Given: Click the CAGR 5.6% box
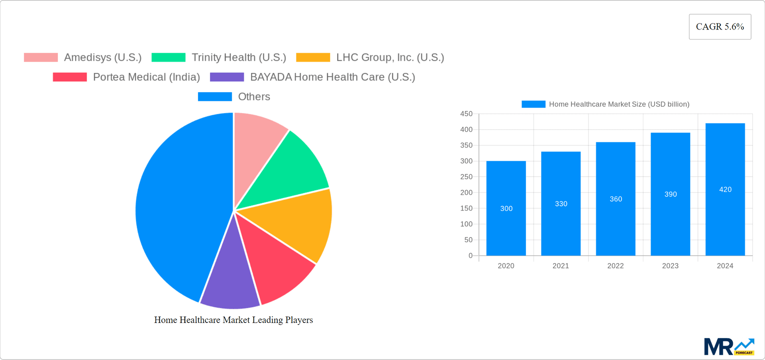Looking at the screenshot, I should pyautogui.click(x=720, y=27).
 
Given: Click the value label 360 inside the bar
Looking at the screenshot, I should pyautogui.click(x=616, y=199).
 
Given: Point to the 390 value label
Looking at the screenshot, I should pyautogui.click(x=670, y=194).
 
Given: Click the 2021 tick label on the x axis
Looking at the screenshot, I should pyautogui.click(x=561, y=266).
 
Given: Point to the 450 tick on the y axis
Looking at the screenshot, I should pyautogui.click(x=466, y=114).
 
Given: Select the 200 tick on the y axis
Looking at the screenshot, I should pyautogui.click(x=466, y=193).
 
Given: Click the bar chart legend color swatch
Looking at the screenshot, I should pyautogui.click(x=533, y=104).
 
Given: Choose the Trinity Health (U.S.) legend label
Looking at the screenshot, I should pyautogui.click(x=239, y=57).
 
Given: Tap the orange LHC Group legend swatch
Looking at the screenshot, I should pyautogui.click(x=313, y=57).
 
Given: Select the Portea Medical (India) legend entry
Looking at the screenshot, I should pyautogui.click(x=146, y=77).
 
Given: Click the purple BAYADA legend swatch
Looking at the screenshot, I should pyautogui.click(x=227, y=77).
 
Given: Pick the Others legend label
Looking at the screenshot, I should pyautogui.click(x=254, y=96).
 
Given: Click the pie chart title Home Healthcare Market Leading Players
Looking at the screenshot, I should pyautogui.click(x=233, y=320).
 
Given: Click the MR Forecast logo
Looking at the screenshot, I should pyautogui.click(x=728, y=347).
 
